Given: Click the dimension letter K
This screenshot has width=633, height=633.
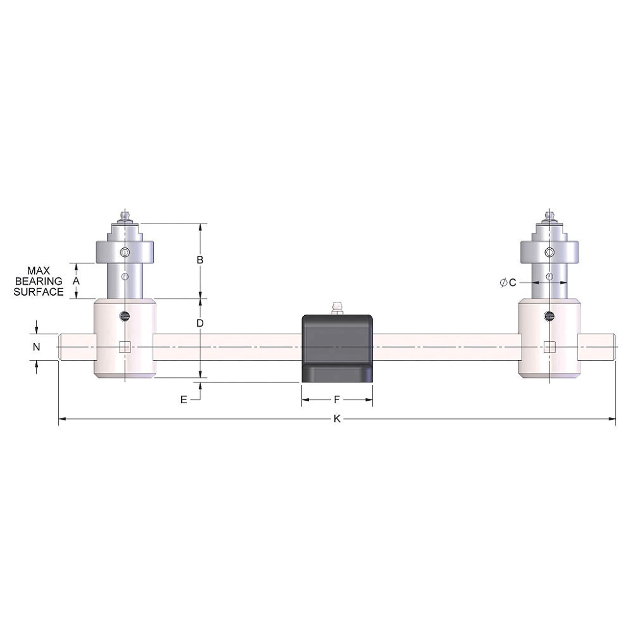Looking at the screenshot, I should pyautogui.click(x=337, y=419).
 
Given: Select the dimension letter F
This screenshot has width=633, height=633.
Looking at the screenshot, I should pyautogui.click(x=337, y=399).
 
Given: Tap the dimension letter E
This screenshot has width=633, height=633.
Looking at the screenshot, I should pyautogui.click(x=184, y=399).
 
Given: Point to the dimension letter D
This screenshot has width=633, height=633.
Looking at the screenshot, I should pyautogui.click(x=200, y=323).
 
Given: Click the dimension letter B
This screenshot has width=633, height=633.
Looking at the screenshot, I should pyautogui.click(x=200, y=260).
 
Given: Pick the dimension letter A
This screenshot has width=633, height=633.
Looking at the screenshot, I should pyautogui.click(x=77, y=280).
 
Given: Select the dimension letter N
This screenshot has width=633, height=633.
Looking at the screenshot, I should pyautogui.click(x=37, y=347).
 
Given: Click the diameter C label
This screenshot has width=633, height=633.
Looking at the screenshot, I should pyautogui.click(x=508, y=283).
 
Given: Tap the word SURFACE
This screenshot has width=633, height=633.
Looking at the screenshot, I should pyautogui.click(x=39, y=292).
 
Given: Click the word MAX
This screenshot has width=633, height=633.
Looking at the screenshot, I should pyautogui.click(x=39, y=270).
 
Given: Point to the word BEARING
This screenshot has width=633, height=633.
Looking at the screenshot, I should pyautogui.click(x=39, y=280).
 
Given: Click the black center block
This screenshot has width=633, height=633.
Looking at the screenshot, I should pyautogui.click(x=336, y=348).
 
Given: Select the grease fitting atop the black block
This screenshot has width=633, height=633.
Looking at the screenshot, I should pyautogui.click(x=336, y=308).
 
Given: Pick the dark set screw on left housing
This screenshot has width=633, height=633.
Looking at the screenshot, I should pyautogui.click(x=125, y=315).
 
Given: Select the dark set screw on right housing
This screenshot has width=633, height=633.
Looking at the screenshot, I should pyautogui.click(x=549, y=315).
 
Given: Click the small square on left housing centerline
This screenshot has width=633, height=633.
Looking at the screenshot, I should pyautogui.click(x=125, y=346).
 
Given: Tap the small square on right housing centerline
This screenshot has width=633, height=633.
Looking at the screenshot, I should pyautogui.click(x=549, y=346).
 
